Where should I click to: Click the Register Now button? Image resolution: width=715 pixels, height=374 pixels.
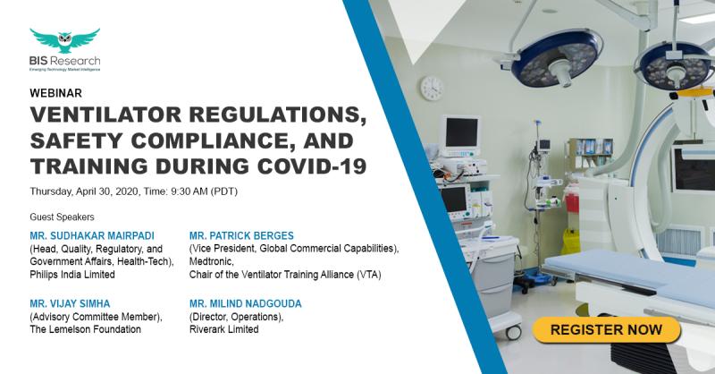(x=607, y=329)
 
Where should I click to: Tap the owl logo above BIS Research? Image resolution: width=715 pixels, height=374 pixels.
(x=64, y=40)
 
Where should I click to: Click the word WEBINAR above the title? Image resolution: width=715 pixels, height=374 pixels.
(x=55, y=93)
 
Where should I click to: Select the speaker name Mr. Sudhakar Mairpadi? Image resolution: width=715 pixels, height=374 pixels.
(x=92, y=235)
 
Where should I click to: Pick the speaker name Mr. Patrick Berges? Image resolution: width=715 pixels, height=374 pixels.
(x=241, y=235)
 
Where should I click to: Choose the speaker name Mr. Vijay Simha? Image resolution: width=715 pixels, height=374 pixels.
(x=70, y=303)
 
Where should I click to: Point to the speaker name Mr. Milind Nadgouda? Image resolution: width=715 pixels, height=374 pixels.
(x=245, y=303)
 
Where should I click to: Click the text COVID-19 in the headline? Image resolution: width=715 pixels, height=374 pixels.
(x=312, y=166)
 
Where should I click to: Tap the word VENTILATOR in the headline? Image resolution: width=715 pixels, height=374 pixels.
(x=105, y=115)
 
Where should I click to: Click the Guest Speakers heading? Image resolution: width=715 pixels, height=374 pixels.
(x=62, y=217)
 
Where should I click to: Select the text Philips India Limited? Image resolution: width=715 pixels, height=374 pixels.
(x=72, y=275)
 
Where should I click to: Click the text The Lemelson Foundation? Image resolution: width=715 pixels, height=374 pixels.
(x=85, y=329)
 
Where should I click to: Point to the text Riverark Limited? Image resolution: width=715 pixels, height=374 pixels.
(x=224, y=329)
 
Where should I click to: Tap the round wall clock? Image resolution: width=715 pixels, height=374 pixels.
(x=432, y=89)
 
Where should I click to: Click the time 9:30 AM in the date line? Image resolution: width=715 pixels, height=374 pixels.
(x=189, y=191)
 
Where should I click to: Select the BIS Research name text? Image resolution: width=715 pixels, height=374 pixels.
(x=64, y=61)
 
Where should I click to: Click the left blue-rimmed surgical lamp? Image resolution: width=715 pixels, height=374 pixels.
(x=556, y=57)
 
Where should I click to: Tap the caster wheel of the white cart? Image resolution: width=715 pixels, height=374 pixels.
(x=513, y=333)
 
